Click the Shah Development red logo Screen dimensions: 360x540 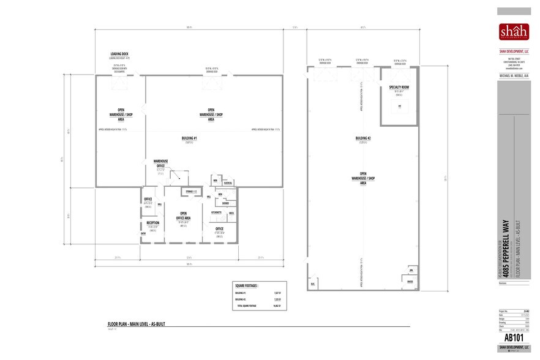514,31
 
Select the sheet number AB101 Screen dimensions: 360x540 513,337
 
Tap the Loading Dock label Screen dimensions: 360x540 119,53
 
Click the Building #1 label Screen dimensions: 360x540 190,139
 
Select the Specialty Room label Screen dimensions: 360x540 399,88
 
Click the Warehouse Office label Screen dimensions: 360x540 160,163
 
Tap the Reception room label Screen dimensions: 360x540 152,223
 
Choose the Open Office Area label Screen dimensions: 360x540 184,215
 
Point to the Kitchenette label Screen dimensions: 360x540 217,212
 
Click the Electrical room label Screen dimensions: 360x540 227,182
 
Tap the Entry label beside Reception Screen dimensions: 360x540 143,233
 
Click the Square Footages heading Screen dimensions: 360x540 246,285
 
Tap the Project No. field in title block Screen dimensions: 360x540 503,312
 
